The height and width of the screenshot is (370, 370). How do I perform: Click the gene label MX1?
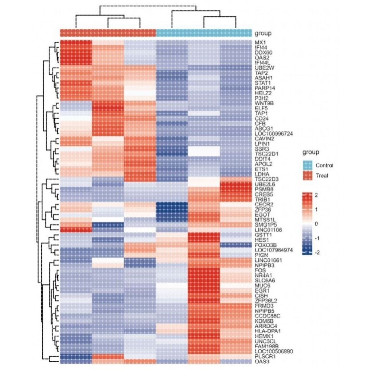(x=260, y=42)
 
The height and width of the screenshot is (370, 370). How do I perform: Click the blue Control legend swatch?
(x=307, y=165)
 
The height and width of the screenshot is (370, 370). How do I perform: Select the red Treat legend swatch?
(x=307, y=175)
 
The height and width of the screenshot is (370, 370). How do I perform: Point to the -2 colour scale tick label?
(x=318, y=252)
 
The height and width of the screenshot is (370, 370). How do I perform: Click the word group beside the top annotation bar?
(x=263, y=33)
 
